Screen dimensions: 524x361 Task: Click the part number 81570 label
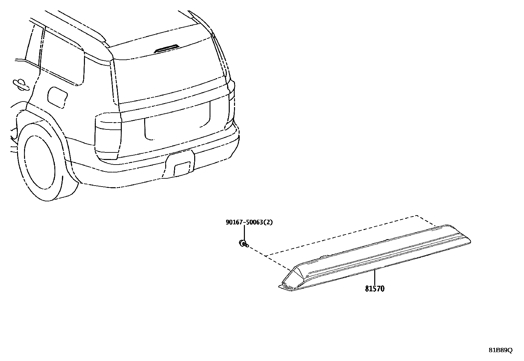point(374,289)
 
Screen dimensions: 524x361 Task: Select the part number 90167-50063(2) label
point(249,222)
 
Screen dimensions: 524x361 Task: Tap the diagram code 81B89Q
point(500,350)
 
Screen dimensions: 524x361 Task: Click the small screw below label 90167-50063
point(243,243)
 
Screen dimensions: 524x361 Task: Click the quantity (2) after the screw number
point(269,222)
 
